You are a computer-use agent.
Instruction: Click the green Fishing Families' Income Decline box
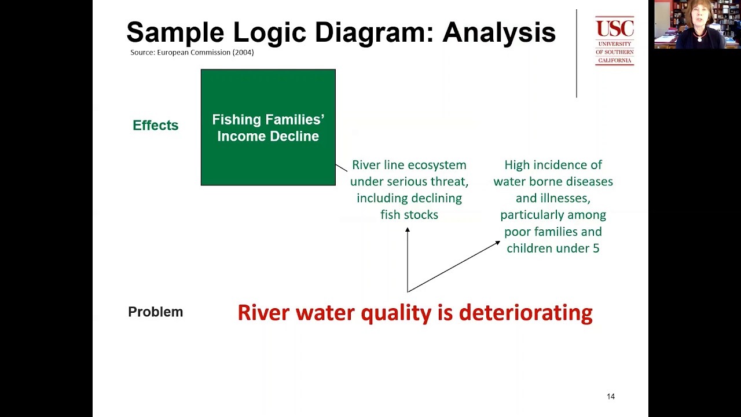click(x=268, y=127)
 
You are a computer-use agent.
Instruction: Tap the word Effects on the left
click(x=155, y=125)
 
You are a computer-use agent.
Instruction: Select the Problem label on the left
click(x=155, y=312)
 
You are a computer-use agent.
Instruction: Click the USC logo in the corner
click(x=614, y=41)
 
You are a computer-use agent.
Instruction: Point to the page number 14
click(x=611, y=396)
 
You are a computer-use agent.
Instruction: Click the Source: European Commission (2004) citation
click(x=192, y=52)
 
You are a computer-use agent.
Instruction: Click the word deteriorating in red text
click(x=526, y=313)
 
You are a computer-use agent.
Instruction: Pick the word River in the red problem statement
click(x=263, y=313)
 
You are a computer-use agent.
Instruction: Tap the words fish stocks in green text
click(x=409, y=214)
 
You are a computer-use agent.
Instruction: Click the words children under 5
click(x=553, y=248)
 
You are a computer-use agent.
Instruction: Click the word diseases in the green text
click(x=588, y=181)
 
